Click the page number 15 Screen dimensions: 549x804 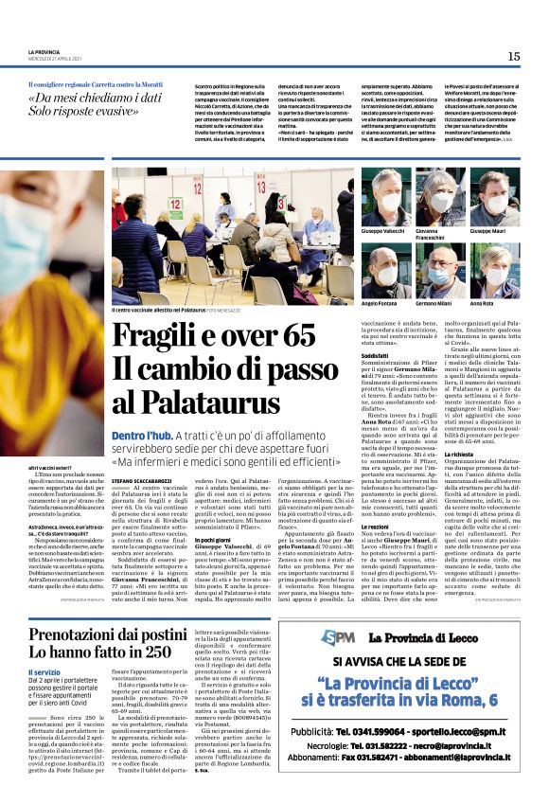[x=513, y=57]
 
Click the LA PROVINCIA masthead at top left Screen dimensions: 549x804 [x=44, y=52]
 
